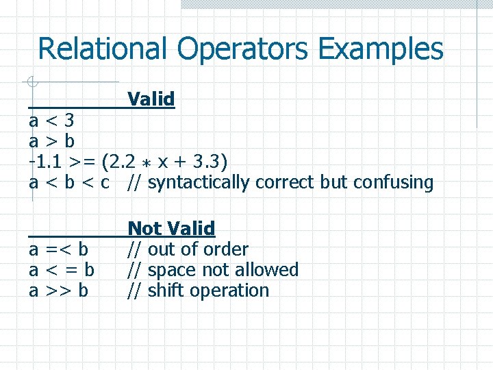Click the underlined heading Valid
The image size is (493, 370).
[151, 99]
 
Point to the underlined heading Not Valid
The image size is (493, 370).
[171, 228]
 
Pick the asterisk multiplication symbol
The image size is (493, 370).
[147, 163]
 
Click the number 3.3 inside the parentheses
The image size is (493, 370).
[207, 162]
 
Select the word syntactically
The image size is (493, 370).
[199, 183]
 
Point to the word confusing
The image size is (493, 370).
[397, 183]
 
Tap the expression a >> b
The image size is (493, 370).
[58, 291]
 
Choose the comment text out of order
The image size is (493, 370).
[197, 249]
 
